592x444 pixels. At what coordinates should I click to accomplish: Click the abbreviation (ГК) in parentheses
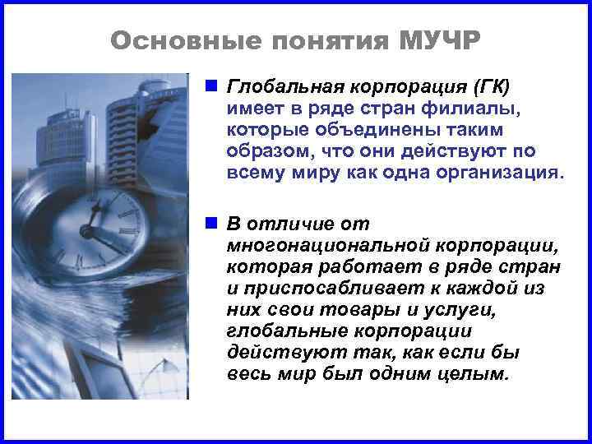(493, 86)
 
